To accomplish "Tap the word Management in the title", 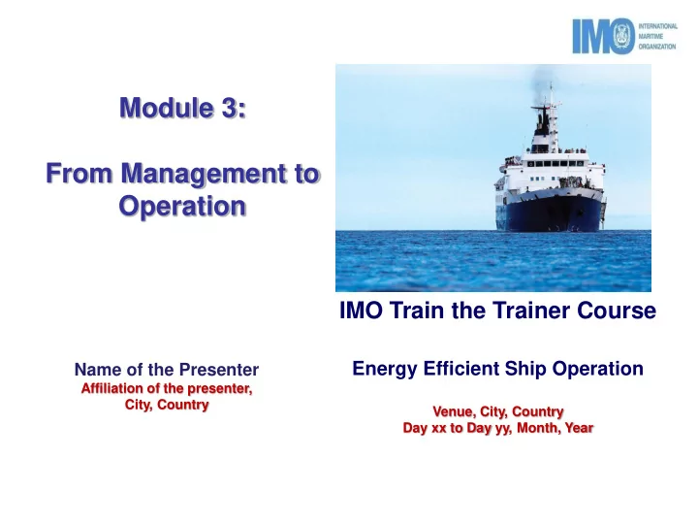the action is [204, 174].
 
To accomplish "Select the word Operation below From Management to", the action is [182, 207].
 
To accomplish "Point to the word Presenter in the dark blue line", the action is [219, 370].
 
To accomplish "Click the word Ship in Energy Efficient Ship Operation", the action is [526, 370].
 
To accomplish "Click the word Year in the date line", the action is [579, 428].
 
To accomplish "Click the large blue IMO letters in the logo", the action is [604, 36].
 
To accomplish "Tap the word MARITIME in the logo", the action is [650, 37].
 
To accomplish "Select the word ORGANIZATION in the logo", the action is [657, 47].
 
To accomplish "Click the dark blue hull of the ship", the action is [551, 213].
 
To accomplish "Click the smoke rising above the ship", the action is [540, 80].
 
